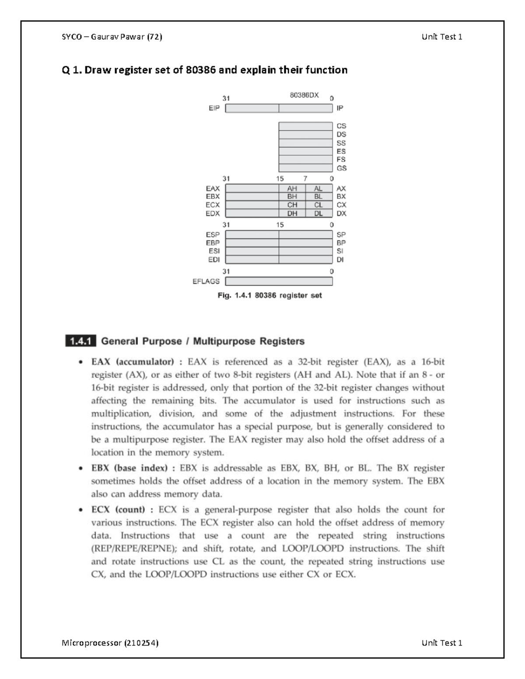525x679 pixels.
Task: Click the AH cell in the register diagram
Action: (x=292, y=188)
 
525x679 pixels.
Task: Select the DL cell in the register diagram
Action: (x=318, y=213)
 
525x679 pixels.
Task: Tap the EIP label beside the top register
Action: (x=214, y=108)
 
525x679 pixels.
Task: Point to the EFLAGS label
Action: (x=206, y=281)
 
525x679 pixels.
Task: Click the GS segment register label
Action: (x=341, y=168)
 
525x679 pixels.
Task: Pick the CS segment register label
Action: (x=341, y=126)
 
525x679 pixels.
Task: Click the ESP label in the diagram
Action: (x=213, y=234)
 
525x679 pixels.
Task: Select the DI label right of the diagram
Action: (x=340, y=259)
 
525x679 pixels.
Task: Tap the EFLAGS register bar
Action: (x=279, y=281)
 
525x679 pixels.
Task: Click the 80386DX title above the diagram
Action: (x=304, y=95)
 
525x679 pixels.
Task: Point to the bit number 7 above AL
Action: (x=305, y=178)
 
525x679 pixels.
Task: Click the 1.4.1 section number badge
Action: (x=80, y=341)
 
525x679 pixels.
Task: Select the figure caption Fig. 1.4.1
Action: (x=269, y=296)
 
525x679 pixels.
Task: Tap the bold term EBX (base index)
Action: (x=129, y=468)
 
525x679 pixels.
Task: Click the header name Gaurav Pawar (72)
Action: (x=126, y=37)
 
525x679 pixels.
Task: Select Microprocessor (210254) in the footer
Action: (x=110, y=643)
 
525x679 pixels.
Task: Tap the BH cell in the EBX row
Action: (x=292, y=197)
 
